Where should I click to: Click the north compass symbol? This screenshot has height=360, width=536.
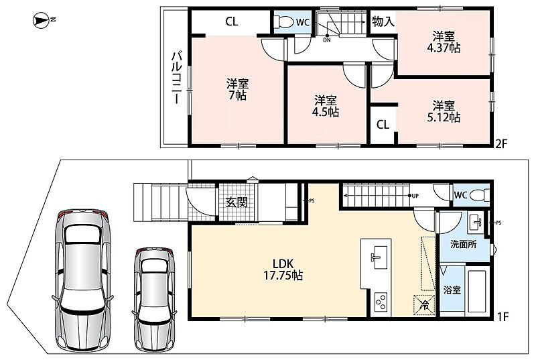coord(42,20)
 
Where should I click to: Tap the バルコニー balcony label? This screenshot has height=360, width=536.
coord(176,78)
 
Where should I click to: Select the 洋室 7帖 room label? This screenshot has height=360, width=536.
coord(238,90)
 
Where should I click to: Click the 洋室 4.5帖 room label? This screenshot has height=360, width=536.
coord(326,107)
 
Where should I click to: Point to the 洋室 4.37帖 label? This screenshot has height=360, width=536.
coord(444,42)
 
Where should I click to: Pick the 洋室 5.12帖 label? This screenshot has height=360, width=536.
coord(444,111)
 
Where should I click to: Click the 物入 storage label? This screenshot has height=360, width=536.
coord(383,22)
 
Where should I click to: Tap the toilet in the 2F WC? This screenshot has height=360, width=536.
coord(285,22)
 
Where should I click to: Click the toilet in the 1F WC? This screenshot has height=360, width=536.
coord(479,195)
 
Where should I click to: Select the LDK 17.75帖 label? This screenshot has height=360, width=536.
coord(283,269)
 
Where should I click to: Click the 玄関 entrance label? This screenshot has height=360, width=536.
coord(237,202)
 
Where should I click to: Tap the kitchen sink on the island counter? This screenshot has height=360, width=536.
coord(377,257)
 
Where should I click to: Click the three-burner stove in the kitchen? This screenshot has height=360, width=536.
coord(381,302)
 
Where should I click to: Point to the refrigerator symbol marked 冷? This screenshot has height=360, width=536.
coord(424,304)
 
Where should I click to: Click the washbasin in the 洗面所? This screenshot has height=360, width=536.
coord(475,223)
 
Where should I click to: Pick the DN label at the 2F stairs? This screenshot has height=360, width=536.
coord(327,40)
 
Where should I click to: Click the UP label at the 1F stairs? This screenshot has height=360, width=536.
coord(415,196)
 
